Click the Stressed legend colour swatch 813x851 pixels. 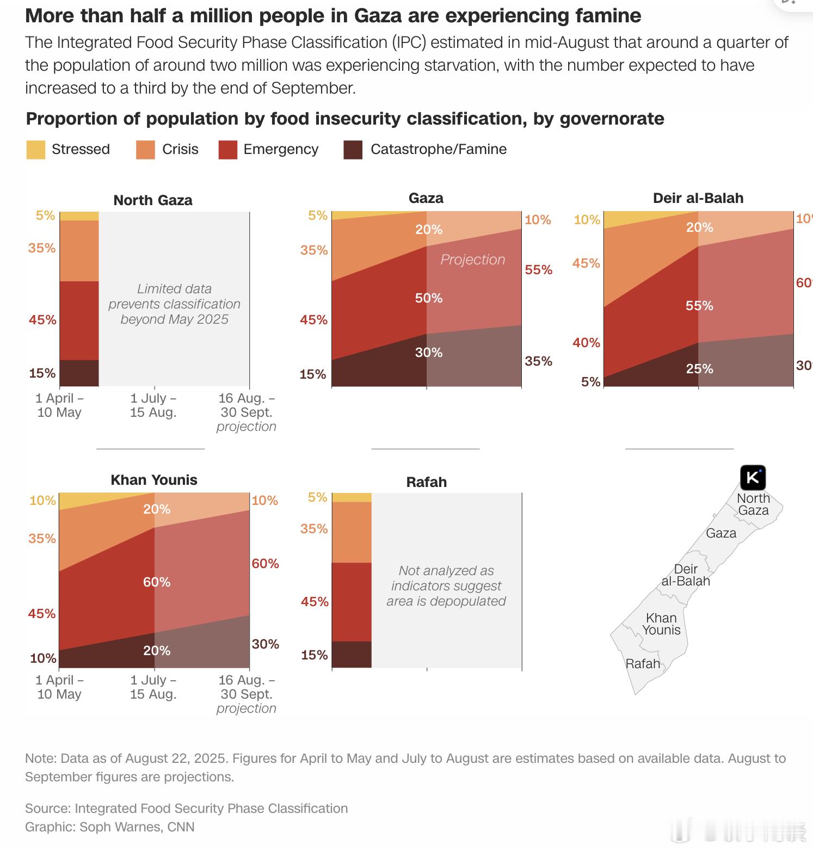tap(36, 150)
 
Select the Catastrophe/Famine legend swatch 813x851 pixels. tap(353, 150)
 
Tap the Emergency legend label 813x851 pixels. tap(281, 149)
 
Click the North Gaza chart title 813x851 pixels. tap(153, 200)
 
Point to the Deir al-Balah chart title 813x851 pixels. tap(698, 198)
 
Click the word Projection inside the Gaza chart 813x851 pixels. tap(473, 260)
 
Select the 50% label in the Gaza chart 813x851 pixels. tap(429, 298)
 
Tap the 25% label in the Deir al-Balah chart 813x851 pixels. tap(699, 369)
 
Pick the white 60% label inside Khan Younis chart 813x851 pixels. tap(157, 582)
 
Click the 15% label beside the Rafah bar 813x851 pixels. tap(315, 655)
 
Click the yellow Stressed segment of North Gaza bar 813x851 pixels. tap(79, 216)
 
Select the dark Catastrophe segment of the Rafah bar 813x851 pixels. tap(352, 654)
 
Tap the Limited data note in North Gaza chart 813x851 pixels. tap(174, 304)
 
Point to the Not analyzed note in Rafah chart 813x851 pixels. tap(446, 586)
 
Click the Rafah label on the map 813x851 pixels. tap(643, 664)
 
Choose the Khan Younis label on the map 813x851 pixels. tap(661, 624)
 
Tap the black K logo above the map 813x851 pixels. tap(753, 478)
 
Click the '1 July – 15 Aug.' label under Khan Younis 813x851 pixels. tap(153, 687)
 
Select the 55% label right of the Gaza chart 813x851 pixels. tap(539, 270)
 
